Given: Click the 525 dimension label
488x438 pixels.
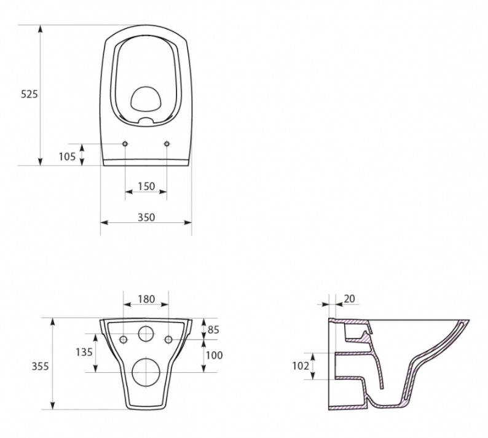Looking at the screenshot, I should pos(30,94).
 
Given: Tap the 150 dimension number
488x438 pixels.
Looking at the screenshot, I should pos(146,186).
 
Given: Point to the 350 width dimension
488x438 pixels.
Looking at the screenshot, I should pos(146,217).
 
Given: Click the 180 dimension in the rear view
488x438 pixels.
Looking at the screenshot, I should pos(146,299).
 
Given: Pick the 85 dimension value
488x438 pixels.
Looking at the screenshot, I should pos(213,329).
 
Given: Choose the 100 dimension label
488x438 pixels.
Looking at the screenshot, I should pos(214,354).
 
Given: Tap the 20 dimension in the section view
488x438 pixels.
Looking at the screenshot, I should pos(348,299).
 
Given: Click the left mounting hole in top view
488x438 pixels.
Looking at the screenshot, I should pos(125,144).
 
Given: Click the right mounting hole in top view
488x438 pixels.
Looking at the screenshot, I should pos(167,144).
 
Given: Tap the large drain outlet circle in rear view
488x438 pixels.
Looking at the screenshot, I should pos(146,371).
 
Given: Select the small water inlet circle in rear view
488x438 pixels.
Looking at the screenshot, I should pos(146,334).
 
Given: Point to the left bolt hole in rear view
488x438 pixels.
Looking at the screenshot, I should pos(123,339).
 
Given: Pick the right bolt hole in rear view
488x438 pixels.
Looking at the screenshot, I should pos(168,339).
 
